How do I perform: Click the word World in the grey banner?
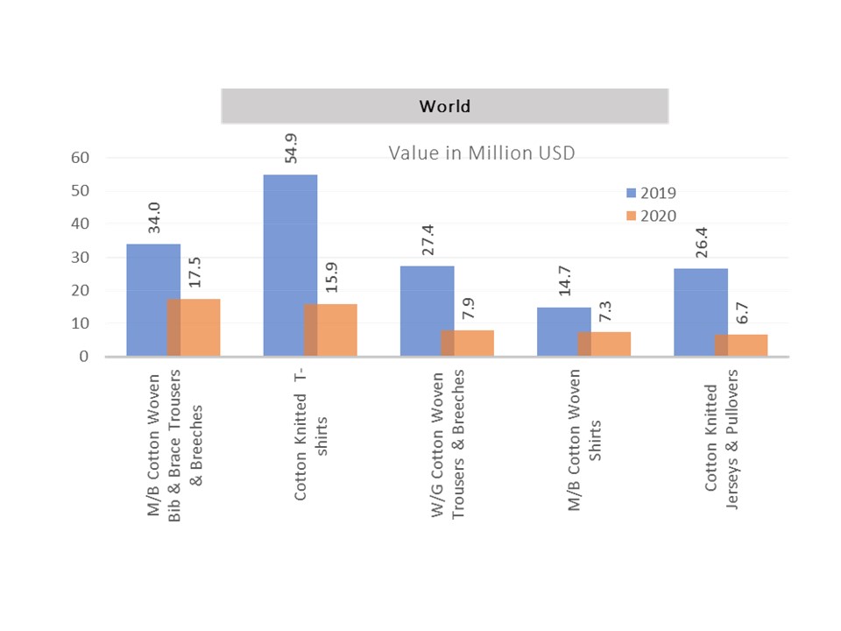(444, 107)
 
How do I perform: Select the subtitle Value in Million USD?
(482, 152)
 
